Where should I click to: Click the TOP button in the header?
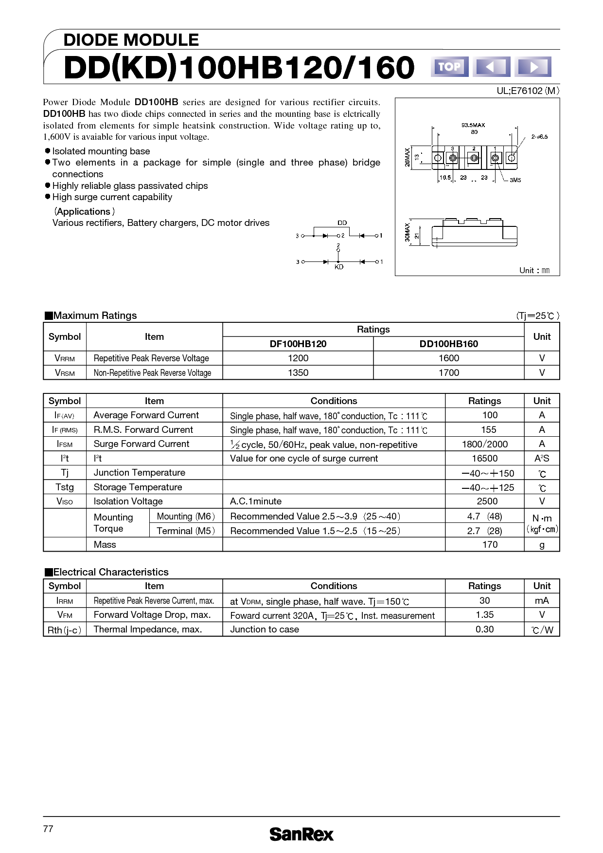449,67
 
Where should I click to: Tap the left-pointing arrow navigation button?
491,67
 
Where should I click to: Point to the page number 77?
48,829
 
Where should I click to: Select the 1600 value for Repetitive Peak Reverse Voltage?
448,358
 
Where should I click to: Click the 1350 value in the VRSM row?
298,372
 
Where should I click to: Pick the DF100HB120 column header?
298,344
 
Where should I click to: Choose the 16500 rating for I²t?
484,459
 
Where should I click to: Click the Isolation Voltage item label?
128,501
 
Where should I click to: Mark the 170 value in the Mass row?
490,545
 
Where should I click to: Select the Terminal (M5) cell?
186,531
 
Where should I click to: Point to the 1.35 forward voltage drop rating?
484,615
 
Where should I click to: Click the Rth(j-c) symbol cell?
64,630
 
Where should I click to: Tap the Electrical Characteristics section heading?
106,572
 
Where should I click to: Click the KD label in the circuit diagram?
339,267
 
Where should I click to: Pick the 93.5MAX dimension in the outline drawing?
473,125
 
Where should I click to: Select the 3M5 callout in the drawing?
515,180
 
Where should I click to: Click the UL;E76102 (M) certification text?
528,91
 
